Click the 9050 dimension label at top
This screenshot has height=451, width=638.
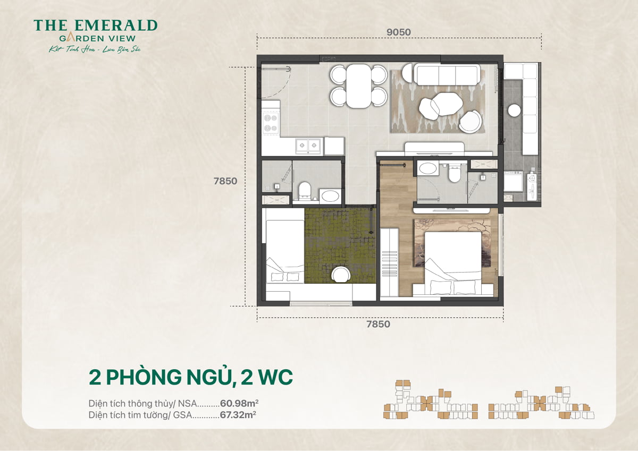399,32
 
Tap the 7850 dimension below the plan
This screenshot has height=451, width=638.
377,324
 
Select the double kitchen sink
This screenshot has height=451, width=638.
308,145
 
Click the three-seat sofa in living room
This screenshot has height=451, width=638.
446,75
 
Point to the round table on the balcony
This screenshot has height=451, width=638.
514,110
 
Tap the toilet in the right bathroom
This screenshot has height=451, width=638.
455,173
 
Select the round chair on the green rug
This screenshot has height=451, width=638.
340,275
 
